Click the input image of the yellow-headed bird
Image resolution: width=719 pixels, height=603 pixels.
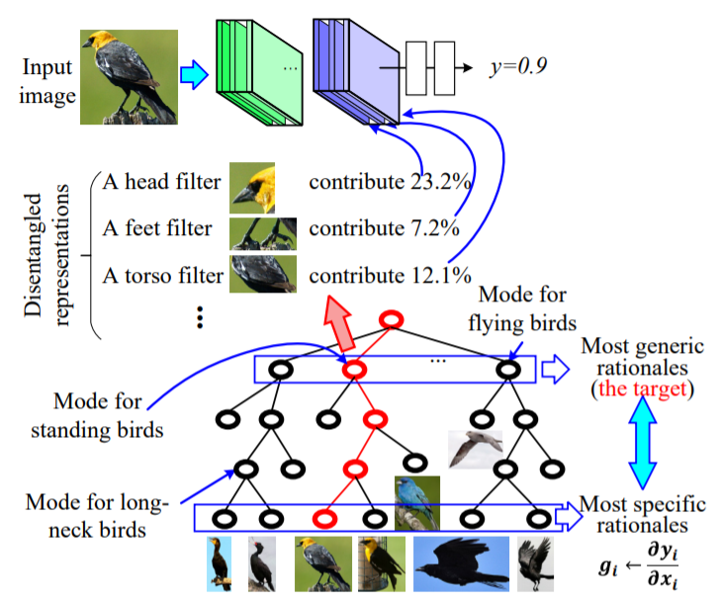tap(130, 75)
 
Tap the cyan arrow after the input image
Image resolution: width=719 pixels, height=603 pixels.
tap(196, 73)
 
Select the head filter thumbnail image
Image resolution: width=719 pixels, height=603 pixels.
tap(252, 185)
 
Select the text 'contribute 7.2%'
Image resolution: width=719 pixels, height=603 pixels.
tap(384, 228)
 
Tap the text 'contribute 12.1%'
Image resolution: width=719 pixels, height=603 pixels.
tap(389, 273)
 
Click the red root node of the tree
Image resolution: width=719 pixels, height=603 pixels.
tap(392, 320)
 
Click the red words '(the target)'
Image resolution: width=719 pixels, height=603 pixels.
tap(644, 388)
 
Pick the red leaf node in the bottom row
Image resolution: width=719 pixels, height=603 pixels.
tap(322, 516)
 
